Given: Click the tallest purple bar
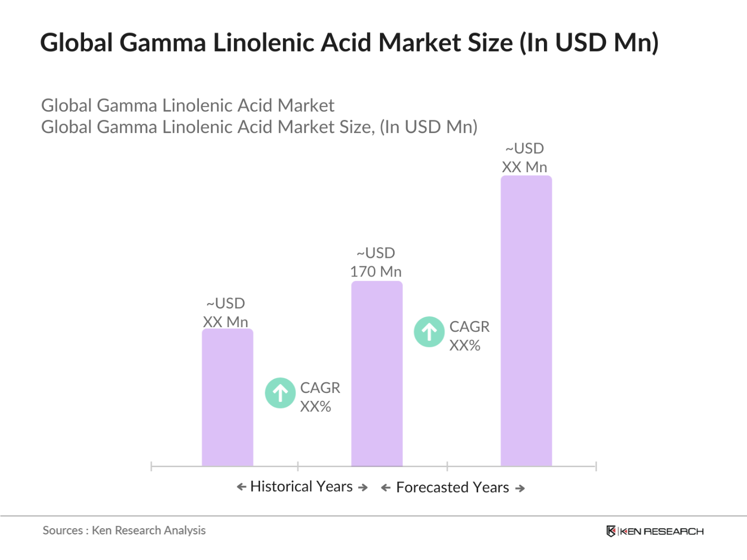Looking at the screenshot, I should [x=526, y=320].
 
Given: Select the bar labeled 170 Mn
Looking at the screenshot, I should [x=376, y=373].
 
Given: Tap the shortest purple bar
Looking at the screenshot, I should [x=227, y=397].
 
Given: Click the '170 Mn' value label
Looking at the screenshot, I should [x=376, y=271].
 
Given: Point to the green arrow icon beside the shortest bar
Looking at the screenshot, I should [x=280, y=392].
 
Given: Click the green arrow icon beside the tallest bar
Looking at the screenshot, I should [x=429, y=331].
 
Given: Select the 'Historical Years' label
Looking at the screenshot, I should [x=301, y=486].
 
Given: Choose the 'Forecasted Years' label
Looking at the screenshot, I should [x=452, y=487].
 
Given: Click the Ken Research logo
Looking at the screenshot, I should [x=655, y=531].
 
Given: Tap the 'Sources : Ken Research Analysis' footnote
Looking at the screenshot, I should [x=124, y=530].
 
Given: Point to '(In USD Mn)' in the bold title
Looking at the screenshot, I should [x=589, y=43].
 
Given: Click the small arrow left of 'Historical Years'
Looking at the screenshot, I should [x=241, y=487].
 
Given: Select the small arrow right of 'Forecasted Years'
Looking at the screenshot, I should [x=520, y=488].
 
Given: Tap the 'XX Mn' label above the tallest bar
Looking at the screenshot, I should [x=524, y=167].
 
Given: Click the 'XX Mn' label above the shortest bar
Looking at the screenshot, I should [x=226, y=322].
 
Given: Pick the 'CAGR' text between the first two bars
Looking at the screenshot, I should [x=320, y=388].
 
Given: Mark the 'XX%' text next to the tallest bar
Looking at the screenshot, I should [x=465, y=345].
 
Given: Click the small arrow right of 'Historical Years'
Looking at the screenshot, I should [x=363, y=487].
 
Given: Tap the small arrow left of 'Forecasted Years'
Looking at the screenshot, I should [x=386, y=488].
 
